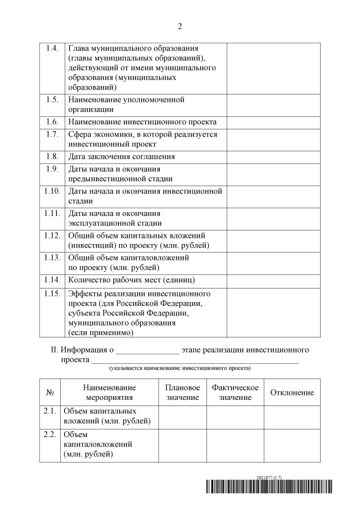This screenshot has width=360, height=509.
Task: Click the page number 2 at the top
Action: click(x=180, y=26)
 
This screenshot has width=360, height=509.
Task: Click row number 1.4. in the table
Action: click(x=52, y=48)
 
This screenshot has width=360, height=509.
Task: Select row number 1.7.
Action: click(x=52, y=134)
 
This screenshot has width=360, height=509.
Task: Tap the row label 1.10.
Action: click(x=52, y=191)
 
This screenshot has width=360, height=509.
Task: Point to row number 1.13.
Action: click(x=52, y=257)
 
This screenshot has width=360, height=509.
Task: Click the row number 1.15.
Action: click(x=52, y=294)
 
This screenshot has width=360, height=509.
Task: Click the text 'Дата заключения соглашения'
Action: click(x=121, y=156)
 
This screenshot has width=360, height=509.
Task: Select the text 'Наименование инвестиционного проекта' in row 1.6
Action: click(x=142, y=122)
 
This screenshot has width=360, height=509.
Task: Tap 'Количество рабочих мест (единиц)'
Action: click(x=135, y=280)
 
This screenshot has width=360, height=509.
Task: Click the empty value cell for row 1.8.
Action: click(x=273, y=156)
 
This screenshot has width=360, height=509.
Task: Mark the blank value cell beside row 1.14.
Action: click(x=273, y=280)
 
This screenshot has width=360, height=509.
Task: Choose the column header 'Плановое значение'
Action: click(x=183, y=393)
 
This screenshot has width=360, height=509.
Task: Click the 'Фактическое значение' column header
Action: click(x=235, y=393)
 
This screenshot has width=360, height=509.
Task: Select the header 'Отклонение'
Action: click(x=292, y=393)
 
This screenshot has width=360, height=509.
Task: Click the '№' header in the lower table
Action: click(x=49, y=393)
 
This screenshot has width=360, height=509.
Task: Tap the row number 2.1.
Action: click(x=49, y=411)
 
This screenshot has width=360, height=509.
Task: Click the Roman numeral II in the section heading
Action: click(x=55, y=350)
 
